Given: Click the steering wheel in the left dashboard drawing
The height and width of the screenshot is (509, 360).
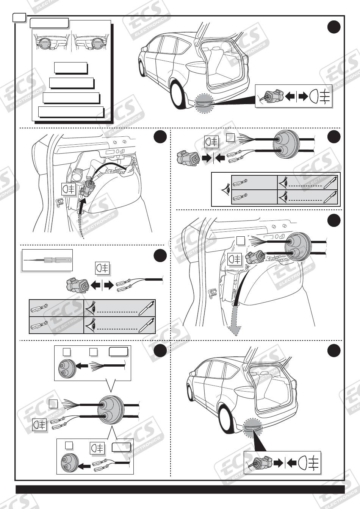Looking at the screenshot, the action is (x=43, y=42).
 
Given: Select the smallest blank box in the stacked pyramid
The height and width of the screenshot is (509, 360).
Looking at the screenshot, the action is (x=71, y=68).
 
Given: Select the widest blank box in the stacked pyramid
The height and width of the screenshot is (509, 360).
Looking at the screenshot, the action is (x=71, y=112).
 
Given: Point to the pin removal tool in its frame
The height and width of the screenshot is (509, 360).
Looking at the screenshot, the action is (x=47, y=260).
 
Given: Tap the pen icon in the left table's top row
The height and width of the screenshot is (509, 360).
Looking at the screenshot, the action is (x=146, y=308).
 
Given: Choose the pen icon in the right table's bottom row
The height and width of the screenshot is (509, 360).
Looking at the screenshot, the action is (x=330, y=197).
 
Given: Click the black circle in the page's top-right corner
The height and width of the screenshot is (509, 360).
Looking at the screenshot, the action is (x=333, y=27).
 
